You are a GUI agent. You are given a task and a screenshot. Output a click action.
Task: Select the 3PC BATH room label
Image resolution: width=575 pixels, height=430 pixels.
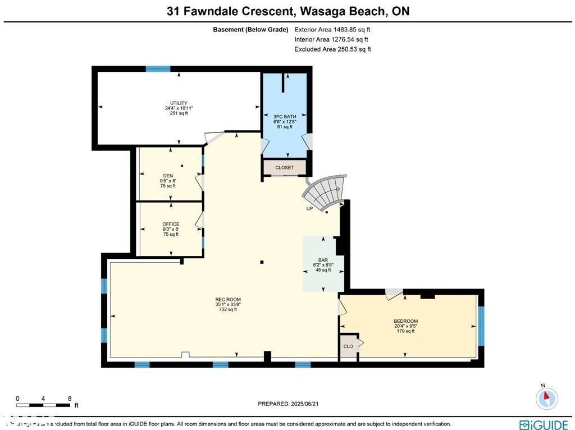pos(285,117)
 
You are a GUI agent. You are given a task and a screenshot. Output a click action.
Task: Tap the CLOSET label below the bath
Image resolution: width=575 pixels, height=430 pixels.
pos(285,168)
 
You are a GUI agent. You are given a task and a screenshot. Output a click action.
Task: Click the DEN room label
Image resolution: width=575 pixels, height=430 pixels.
pos(167,176)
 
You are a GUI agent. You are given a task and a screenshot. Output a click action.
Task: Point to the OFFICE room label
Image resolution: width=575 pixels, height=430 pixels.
pos(171,224)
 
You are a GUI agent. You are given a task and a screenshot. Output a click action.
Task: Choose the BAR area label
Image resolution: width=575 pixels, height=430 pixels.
pos(323,260)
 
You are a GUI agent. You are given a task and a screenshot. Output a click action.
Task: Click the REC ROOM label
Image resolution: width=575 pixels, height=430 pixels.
pos(227,300)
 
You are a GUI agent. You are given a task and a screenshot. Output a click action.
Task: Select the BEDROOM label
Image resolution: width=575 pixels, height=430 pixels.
pos(405,321)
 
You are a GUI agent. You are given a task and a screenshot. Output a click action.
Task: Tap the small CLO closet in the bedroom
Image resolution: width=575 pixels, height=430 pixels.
pos(348,346)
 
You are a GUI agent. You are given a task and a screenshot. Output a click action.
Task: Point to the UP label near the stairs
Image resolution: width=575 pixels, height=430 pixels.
pos(309,209)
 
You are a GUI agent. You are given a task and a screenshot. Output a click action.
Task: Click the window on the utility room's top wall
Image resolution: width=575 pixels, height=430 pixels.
pos(158,69)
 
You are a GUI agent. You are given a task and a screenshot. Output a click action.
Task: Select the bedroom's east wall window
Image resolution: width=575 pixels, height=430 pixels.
pos(481,326)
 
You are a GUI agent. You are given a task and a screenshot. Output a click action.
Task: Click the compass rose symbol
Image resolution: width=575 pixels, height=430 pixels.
pos(546,398)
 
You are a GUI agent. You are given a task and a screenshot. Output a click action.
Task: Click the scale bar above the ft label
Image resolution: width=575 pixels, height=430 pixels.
pos(43,404)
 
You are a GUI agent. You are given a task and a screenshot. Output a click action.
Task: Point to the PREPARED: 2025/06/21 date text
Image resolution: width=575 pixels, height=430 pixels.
pos(291,404)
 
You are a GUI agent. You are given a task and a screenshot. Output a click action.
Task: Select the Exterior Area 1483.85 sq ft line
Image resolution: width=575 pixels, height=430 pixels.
pos(332,30)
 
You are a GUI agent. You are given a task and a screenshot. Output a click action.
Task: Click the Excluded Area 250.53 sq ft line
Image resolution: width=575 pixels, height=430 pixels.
pos(332,49)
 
